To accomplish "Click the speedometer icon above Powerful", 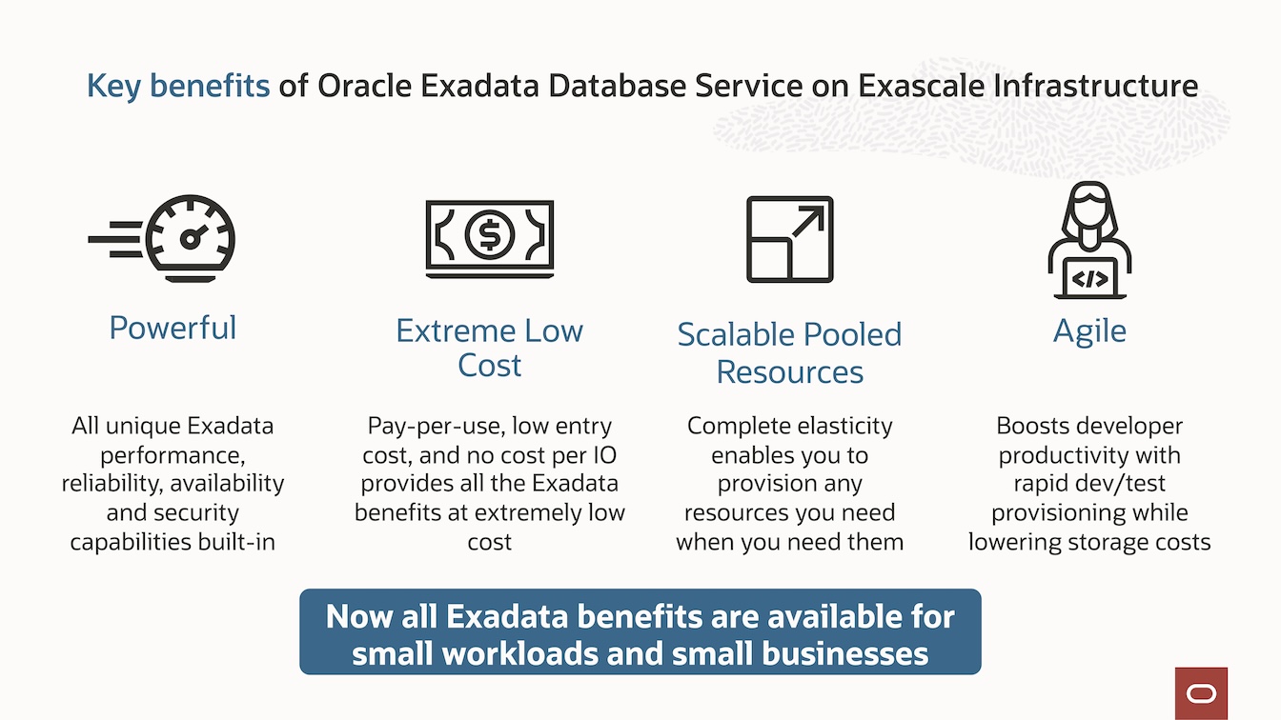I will [x=192, y=238].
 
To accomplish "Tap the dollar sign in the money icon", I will [x=489, y=234].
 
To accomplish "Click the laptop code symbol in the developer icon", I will [x=1089, y=279].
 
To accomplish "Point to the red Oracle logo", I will [x=1201, y=692].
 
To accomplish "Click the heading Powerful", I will [x=173, y=328].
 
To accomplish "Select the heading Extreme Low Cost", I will [x=489, y=348].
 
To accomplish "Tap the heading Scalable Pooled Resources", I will [x=789, y=352].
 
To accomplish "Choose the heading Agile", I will [x=1089, y=330].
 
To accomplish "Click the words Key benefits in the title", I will [x=178, y=86].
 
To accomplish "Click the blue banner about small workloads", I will [x=640, y=631].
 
